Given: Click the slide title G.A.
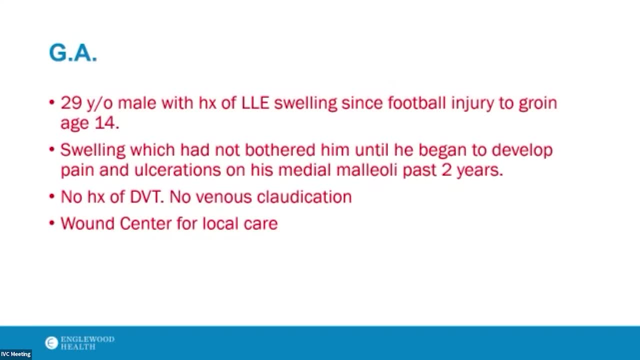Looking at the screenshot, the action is click(73, 53).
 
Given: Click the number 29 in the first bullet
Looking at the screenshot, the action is click(71, 102).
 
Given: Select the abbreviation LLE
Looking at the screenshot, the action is click(255, 102).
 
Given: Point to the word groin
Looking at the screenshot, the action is click(538, 104).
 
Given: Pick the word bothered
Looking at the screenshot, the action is click(280, 149).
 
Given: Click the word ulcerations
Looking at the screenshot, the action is click(177, 169).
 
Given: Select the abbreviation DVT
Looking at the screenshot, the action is click(147, 197).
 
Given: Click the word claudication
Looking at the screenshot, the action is click(304, 197).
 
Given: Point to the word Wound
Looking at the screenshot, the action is click(87, 223).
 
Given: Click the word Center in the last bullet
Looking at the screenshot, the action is click(145, 223).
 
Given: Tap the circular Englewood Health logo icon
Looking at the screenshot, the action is click(51, 343).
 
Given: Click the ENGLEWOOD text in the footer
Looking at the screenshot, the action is click(87, 339).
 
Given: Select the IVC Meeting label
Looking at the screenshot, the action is click(15, 354).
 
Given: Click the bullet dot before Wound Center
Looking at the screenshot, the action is click(51, 223).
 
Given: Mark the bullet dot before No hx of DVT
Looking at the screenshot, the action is click(51, 196).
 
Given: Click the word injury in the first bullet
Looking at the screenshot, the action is click(472, 103).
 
